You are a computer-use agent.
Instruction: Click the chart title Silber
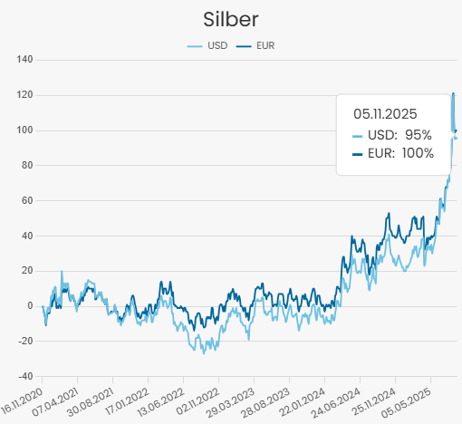(231, 19)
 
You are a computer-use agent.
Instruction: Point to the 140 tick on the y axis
(24, 60)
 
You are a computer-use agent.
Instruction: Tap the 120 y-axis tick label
(24, 95)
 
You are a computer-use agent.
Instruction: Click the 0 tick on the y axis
(29, 306)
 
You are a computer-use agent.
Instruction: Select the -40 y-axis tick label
(24, 376)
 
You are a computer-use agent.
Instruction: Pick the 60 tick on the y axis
(26, 200)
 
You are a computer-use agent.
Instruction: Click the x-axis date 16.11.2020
(21, 400)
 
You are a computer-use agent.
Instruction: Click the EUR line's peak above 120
(454, 93)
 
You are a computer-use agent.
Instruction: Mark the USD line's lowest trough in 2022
(203, 352)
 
